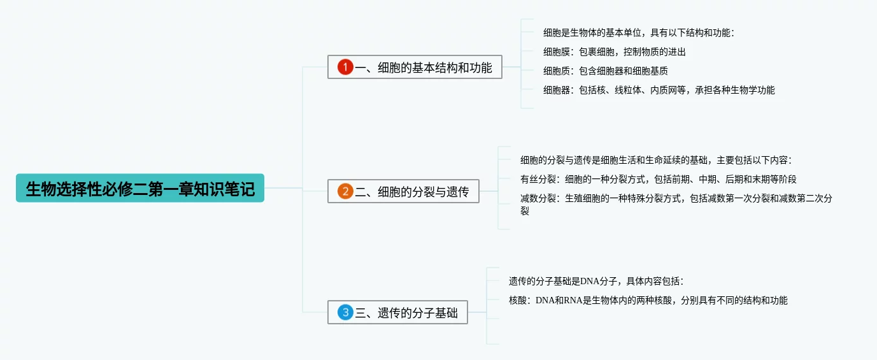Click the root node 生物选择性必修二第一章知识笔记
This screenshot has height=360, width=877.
140,189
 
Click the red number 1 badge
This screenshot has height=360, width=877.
345,67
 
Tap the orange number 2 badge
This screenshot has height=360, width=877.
345,191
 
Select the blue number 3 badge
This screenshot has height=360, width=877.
345,313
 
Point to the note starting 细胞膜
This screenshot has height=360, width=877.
614,52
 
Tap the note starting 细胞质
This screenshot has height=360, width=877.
605,71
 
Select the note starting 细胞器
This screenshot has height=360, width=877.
659,90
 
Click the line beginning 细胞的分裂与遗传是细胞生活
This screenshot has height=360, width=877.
655,160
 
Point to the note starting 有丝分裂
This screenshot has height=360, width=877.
658,179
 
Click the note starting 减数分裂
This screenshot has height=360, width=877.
676,199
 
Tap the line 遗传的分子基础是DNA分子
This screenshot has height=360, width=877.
595,281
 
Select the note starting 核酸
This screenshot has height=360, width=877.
648,300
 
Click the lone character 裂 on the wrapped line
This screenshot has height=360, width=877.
525,211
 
